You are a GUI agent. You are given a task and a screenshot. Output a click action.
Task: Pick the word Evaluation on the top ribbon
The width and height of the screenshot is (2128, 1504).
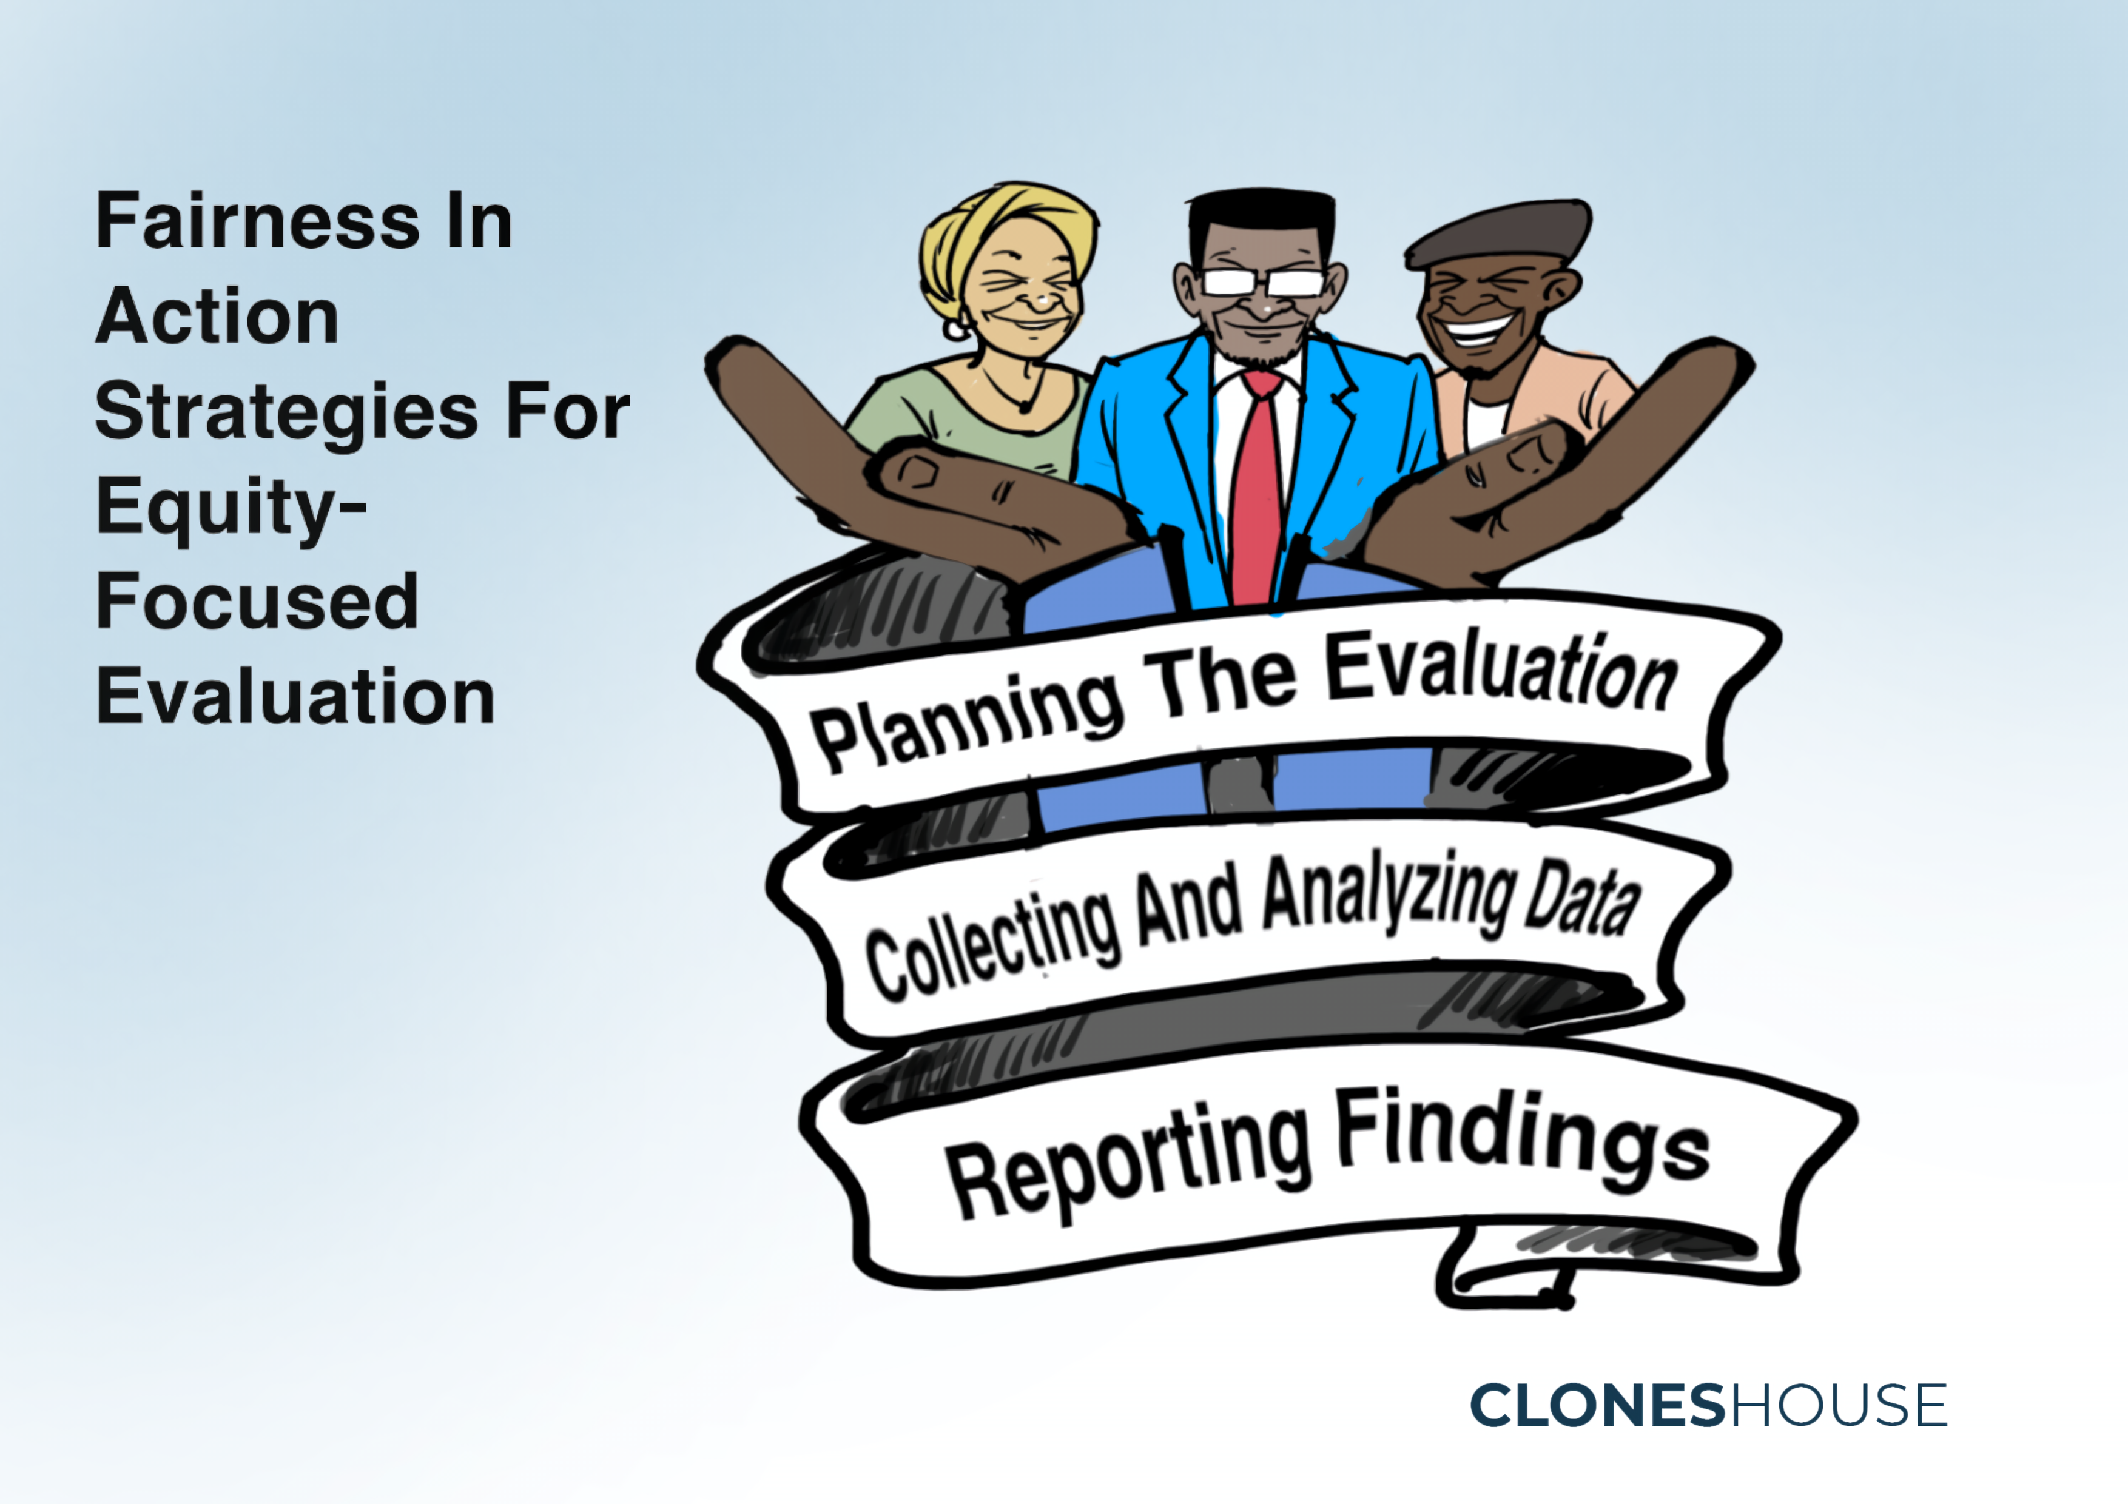(x=1501, y=672)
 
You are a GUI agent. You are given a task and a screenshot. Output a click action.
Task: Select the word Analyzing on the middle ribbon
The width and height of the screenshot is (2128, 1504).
(x=1390, y=895)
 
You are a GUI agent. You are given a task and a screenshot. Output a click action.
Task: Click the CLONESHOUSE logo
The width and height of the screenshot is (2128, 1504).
(x=1708, y=1405)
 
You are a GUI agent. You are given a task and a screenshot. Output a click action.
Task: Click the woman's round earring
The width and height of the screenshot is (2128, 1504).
(x=957, y=328)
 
